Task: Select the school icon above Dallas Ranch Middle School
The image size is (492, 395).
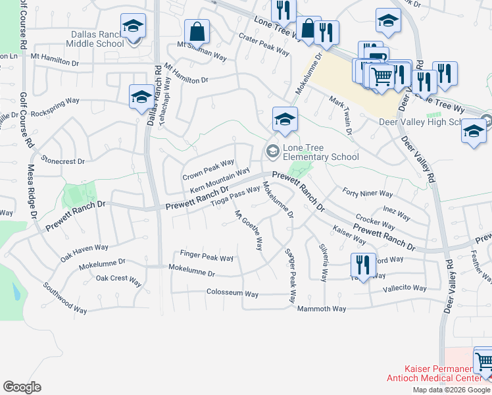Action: [x=134, y=26]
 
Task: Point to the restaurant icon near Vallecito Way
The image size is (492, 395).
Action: [x=362, y=265]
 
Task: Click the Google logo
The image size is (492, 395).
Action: [x=22, y=386]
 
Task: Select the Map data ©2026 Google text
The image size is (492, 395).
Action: [x=451, y=390]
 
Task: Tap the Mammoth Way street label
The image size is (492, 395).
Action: [x=322, y=309]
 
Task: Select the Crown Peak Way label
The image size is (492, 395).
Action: [x=209, y=171]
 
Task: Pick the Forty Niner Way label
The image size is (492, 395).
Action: [x=368, y=194]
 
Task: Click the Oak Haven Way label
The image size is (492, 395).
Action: [x=84, y=248]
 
